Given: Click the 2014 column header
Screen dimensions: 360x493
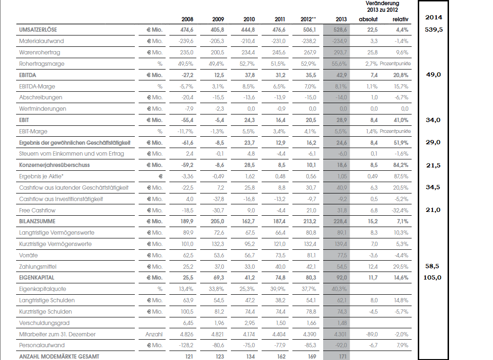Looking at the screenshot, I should (433, 18).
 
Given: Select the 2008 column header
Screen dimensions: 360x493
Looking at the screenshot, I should (187, 19).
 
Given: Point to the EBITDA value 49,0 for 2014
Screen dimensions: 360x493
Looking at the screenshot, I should (433, 74).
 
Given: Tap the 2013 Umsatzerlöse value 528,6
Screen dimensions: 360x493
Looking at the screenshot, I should (339, 30).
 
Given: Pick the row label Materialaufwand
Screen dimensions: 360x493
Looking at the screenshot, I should (41, 41).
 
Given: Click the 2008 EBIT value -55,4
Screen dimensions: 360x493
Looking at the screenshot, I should (186, 120).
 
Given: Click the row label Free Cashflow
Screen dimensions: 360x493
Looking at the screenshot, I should (38, 210).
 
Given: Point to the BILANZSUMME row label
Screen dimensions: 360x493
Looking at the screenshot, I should (37, 221).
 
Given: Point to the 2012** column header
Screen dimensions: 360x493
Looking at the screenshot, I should (308, 19).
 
